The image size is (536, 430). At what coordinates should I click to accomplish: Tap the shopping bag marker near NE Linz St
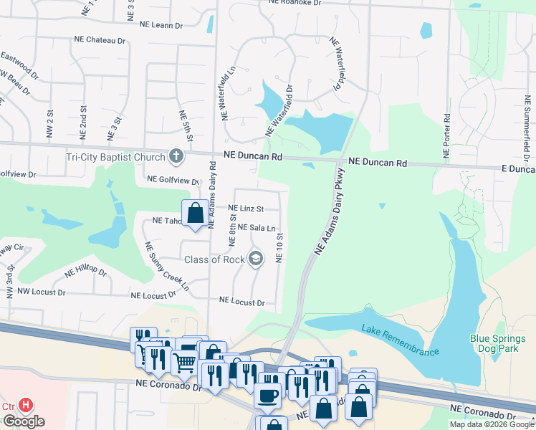[x=195, y=213]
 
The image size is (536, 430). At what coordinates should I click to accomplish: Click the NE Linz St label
[x=246, y=209]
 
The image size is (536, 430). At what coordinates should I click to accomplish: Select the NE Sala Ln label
[x=252, y=228]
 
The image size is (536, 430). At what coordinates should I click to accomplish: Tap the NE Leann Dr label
[x=161, y=25]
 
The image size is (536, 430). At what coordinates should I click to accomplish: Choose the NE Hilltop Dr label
[x=85, y=273]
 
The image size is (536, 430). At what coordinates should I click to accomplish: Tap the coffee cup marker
[x=268, y=394]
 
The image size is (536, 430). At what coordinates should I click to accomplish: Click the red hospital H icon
[x=26, y=406]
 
